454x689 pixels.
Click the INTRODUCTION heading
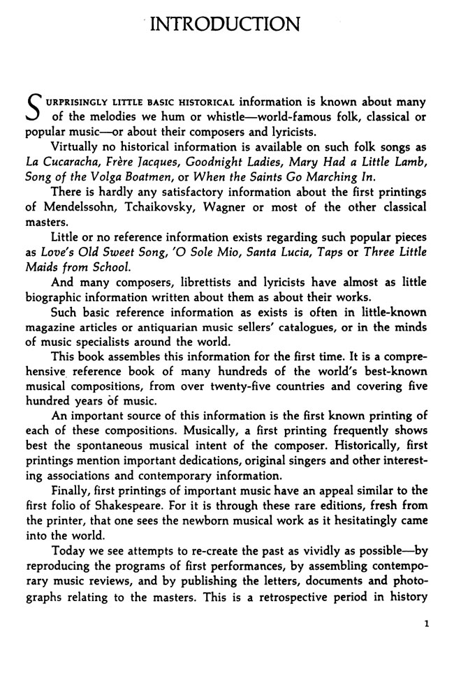pyautogui.click(x=226, y=25)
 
